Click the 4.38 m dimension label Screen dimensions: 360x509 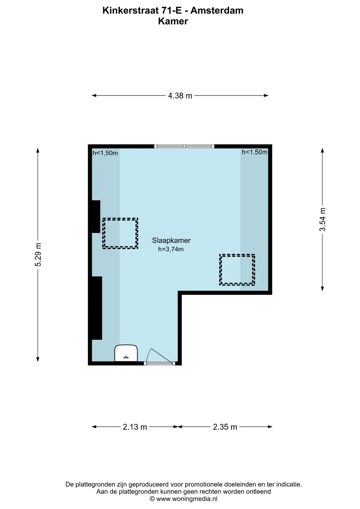click(180, 96)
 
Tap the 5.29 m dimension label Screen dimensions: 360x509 click(38, 254)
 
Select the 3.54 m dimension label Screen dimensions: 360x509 click(322, 220)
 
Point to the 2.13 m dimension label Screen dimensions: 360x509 click(135, 427)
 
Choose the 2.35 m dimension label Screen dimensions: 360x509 click(225, 427)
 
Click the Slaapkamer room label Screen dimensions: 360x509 click(171, 240)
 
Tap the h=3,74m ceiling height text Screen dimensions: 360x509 click(171, 249)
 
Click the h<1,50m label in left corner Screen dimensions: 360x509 click(105, 153)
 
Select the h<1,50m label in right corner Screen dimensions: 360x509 click(254, 152)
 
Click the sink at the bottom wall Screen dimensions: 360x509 click(126, 353)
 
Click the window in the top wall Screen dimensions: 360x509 click(184, 146)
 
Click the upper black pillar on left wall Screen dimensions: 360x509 click(96, 217)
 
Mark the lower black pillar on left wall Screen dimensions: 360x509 click(97, 308)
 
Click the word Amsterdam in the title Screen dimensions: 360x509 click(217, 11)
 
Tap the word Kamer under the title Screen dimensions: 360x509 click(173, 21)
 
